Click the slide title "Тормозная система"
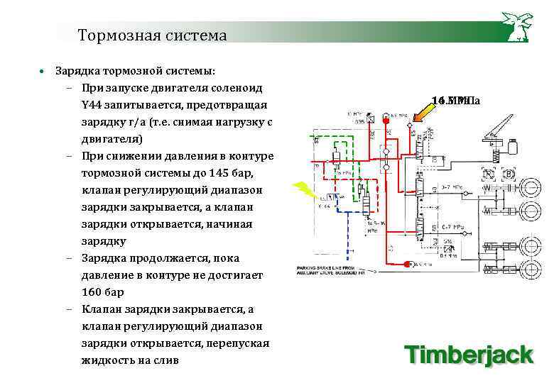click(152, 35)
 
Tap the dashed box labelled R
click(489, 174)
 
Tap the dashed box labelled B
click(509, 174)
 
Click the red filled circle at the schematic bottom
click(409, 265)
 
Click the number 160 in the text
click(92, 292)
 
